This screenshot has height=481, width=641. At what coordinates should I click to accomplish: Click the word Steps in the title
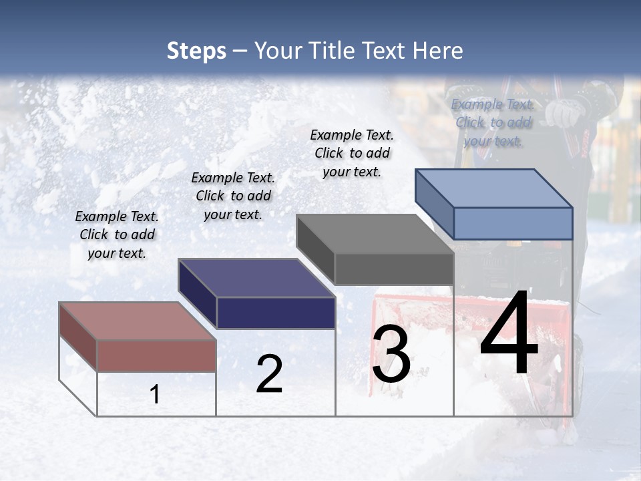196,51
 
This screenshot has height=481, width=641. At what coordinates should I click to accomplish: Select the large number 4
509,334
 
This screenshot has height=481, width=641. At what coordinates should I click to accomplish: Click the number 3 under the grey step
391,354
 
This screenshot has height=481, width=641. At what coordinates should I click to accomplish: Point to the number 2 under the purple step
269,374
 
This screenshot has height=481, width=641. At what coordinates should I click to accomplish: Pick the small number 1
155,395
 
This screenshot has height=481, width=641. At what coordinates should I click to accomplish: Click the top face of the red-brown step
138,321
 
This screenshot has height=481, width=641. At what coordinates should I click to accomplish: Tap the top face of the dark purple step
256,278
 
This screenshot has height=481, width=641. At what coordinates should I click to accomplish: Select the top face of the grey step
375,234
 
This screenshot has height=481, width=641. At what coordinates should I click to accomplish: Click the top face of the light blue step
493,188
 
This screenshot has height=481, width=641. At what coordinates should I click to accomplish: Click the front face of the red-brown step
156,355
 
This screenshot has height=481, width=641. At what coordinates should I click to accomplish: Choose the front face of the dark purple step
276,313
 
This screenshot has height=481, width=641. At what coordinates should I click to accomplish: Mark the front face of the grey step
394,269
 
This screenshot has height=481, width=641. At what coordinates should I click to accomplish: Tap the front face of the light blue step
513,223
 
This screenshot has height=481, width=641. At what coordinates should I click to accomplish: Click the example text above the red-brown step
117,234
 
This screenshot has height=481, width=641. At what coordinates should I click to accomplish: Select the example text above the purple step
233,196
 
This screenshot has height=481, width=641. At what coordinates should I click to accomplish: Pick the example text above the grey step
352,153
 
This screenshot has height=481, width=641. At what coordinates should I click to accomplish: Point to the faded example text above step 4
493,122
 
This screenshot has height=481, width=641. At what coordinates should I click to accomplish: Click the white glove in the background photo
563,114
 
